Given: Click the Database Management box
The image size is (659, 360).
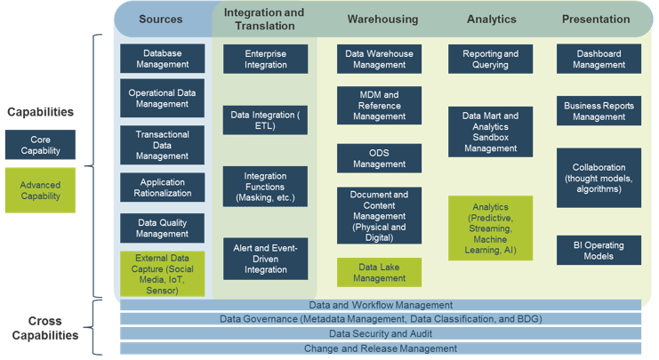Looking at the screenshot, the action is point(162,59).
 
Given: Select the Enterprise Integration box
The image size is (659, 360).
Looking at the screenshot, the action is point(265,60).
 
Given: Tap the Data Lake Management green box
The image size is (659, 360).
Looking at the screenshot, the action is point(379,273).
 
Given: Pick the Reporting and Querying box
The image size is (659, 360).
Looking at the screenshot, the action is point(490,60).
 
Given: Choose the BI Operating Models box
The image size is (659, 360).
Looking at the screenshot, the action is point(599,251).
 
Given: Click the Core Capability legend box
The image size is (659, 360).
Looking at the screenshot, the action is point(40,145).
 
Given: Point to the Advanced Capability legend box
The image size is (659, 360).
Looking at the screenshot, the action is point(40,190).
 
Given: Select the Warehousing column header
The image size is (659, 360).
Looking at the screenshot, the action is point(383,20).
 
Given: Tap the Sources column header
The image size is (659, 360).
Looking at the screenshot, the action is point(161,20).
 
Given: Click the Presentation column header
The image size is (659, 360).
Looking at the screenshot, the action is point(596,20).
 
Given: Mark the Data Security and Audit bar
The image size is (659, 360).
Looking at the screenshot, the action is point(381,333).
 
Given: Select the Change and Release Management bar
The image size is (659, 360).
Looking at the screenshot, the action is point(381,348).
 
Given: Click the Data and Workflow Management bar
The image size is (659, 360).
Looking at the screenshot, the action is point(381,305).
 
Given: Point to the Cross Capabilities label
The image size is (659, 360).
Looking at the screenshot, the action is point(45,328).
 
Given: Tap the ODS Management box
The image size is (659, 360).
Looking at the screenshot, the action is point(379,158).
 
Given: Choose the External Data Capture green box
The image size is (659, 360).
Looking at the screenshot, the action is point(162,274).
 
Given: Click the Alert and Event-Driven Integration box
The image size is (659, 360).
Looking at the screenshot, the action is point(265,259).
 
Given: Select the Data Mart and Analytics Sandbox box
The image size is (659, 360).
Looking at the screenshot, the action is point(490,132).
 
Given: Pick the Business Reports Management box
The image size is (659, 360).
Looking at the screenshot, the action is point(599,111).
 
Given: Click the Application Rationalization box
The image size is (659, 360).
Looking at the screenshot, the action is point(162,188).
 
